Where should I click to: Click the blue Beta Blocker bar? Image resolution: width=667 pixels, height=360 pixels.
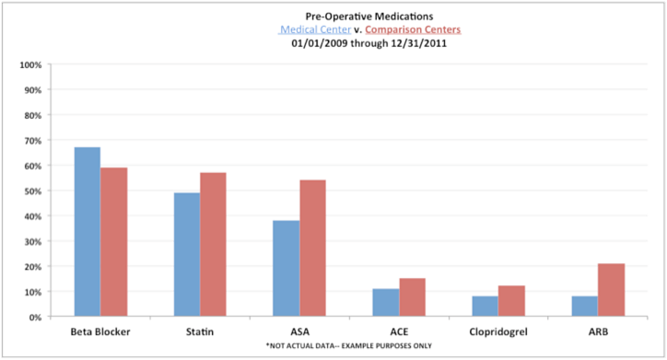[88, 232]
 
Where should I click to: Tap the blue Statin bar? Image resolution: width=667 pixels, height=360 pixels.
[187, 254]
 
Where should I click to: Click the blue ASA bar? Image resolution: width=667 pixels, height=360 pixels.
[287, 268]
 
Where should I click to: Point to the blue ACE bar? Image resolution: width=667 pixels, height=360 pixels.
[386, 302]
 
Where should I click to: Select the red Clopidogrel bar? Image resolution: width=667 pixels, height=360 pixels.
[511, 301]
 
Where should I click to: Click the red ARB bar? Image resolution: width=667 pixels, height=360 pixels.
[611, 290]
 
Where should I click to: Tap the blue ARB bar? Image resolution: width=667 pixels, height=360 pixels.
[585, 306]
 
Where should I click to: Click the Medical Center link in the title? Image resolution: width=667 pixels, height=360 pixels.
[315, 29]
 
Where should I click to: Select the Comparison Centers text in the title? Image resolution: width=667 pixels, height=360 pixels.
[414, 29]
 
